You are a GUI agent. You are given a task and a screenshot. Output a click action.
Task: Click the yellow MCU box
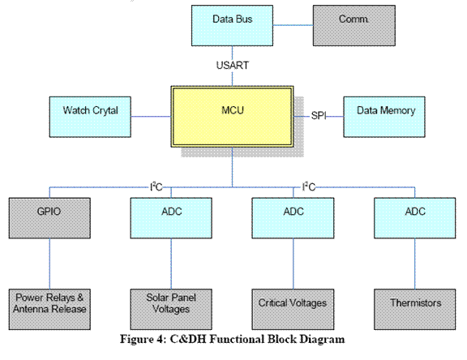[232, 117]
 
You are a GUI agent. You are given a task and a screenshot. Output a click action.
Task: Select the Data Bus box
[232, 26]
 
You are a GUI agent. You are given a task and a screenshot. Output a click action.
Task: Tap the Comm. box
[354, 26]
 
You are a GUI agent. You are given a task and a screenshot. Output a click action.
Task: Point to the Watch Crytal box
[90, 117]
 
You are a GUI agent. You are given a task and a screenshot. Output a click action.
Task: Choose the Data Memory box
[384, 117]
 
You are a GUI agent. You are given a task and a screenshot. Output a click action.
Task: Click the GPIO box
[49, 218]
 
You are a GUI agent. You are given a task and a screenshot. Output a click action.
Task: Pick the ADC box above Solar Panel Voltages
[171, 218]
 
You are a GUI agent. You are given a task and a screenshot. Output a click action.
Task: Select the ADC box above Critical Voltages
[293, 218]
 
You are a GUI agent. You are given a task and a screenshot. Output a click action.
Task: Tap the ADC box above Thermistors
[414, 218]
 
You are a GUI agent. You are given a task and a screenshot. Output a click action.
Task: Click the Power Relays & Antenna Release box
[49, 309]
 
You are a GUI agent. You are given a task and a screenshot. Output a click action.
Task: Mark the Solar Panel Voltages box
[171, 309]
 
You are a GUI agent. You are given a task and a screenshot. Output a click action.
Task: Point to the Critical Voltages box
[293, 309]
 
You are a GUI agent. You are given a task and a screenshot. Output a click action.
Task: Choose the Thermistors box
[414, 309]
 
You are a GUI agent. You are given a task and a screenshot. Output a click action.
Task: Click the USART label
[233, 65]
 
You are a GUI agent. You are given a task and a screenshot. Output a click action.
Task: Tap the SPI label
[319, 115]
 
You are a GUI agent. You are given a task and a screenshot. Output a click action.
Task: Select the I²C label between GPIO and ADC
[156, 186]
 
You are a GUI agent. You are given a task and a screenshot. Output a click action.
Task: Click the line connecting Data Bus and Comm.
[293, 25]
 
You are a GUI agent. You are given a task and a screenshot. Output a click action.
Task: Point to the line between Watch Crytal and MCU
[151, 117]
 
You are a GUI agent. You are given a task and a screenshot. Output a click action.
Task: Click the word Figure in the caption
[137, 339]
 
